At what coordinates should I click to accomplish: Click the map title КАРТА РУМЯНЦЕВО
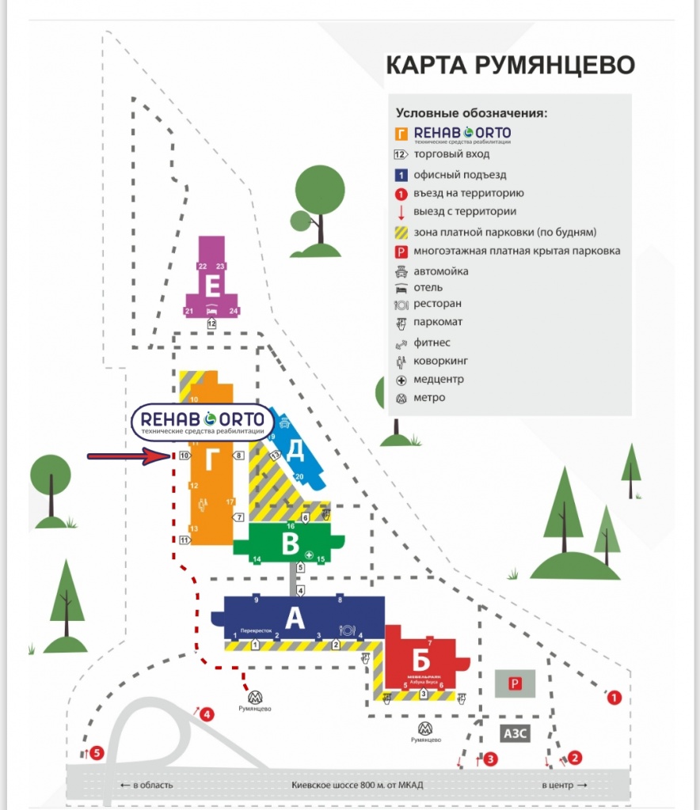(510, 65)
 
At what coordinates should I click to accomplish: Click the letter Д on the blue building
(295, 449)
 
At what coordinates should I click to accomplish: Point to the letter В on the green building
(290, 544)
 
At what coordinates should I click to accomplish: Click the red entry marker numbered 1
(614, 698)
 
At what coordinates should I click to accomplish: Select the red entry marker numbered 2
(576, 757)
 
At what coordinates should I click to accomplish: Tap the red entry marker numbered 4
(207, 715)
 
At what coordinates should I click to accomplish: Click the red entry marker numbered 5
(97, 752)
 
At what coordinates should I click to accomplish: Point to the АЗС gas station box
(515, 733)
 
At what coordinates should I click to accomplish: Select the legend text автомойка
(440, 271)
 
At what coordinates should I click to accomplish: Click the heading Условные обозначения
(472, 112)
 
